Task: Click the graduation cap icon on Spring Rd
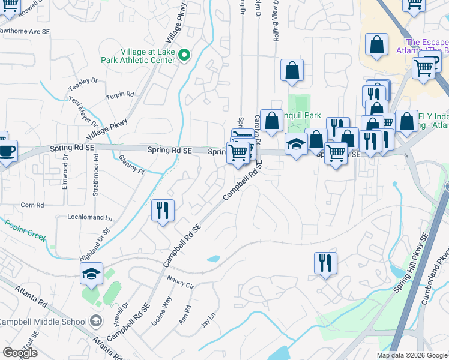click(295, 144)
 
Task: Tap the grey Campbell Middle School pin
click(95, 322)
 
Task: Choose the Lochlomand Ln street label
click(90, 218)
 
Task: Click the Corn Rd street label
click(32, 205)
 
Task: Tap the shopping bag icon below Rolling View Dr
click(291, 70)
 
